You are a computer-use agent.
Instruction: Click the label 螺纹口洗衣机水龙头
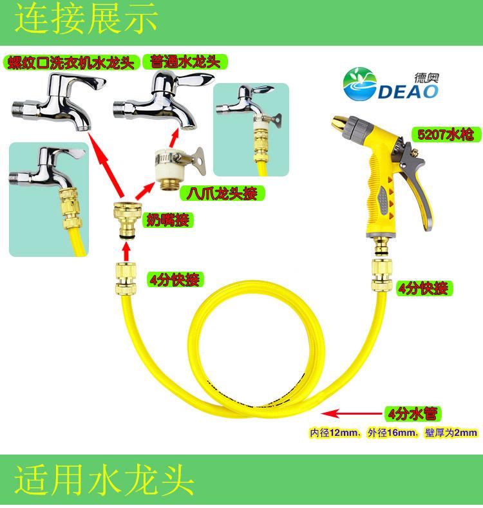point(68,62)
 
